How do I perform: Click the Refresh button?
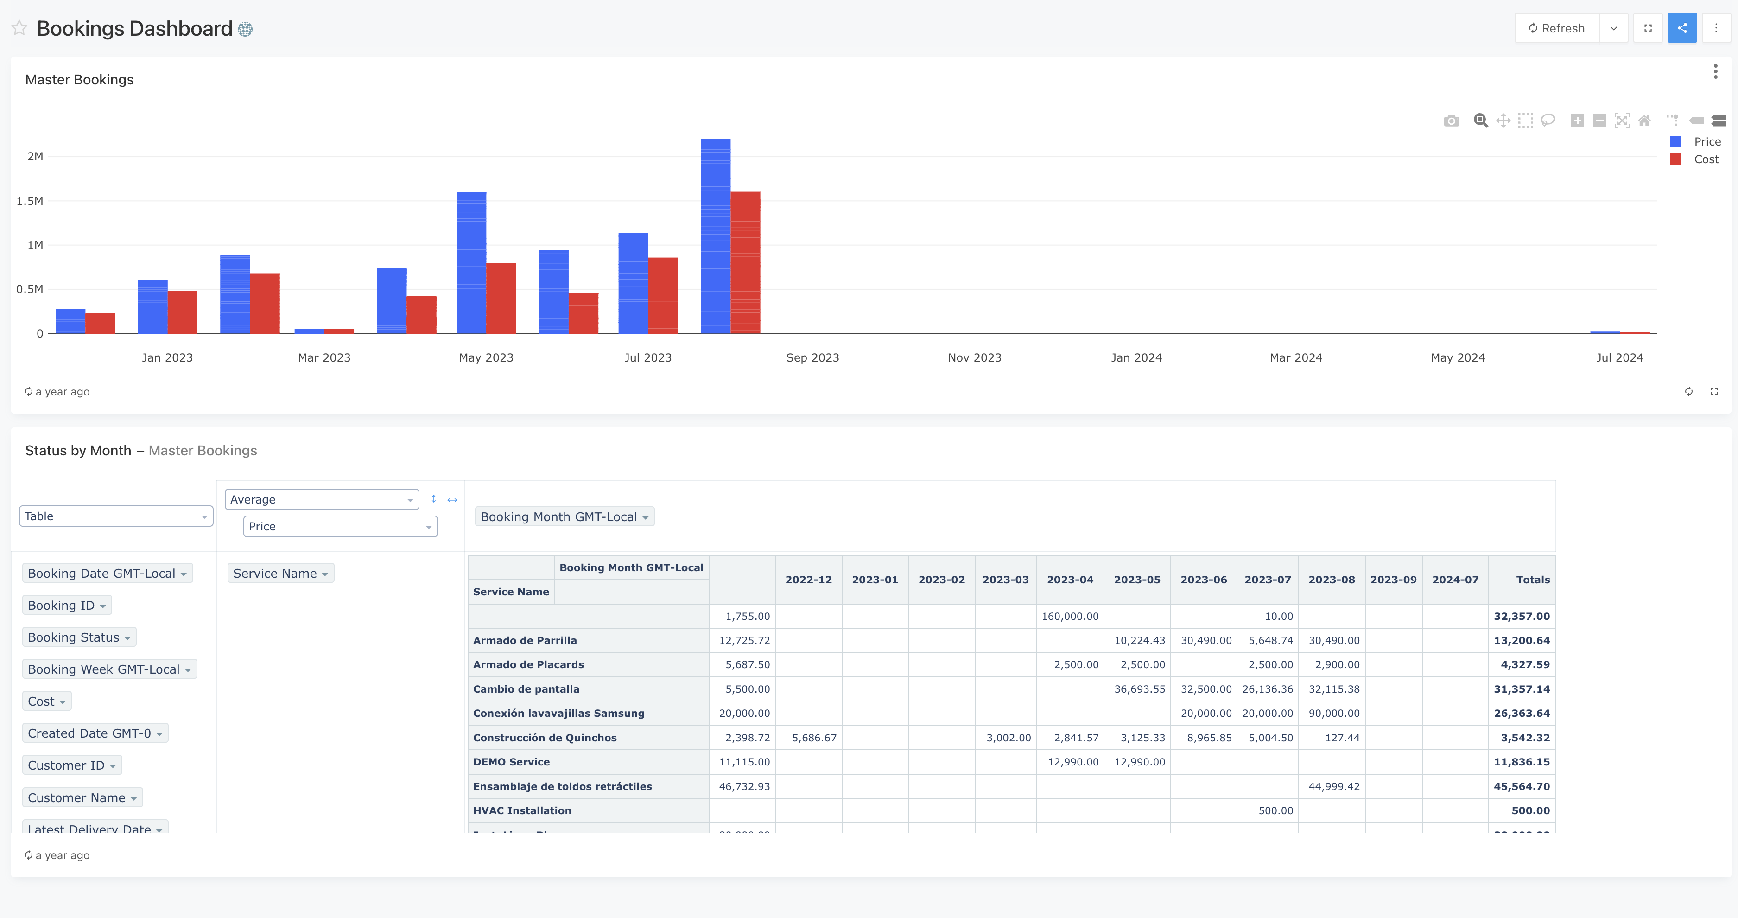1556,28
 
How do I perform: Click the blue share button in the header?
1681,28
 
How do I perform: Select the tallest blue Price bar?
715,236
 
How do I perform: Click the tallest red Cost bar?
745,263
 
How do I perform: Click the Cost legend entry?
1706,159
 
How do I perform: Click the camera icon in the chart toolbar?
1451,121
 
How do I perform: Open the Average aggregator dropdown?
321,499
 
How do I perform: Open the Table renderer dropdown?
115,516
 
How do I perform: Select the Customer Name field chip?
82,798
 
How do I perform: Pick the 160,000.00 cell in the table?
1069,616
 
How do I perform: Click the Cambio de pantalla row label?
526,689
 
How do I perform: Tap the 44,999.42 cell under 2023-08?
1333,786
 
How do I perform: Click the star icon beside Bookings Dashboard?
19,28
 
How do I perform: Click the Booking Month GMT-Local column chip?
564,517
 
